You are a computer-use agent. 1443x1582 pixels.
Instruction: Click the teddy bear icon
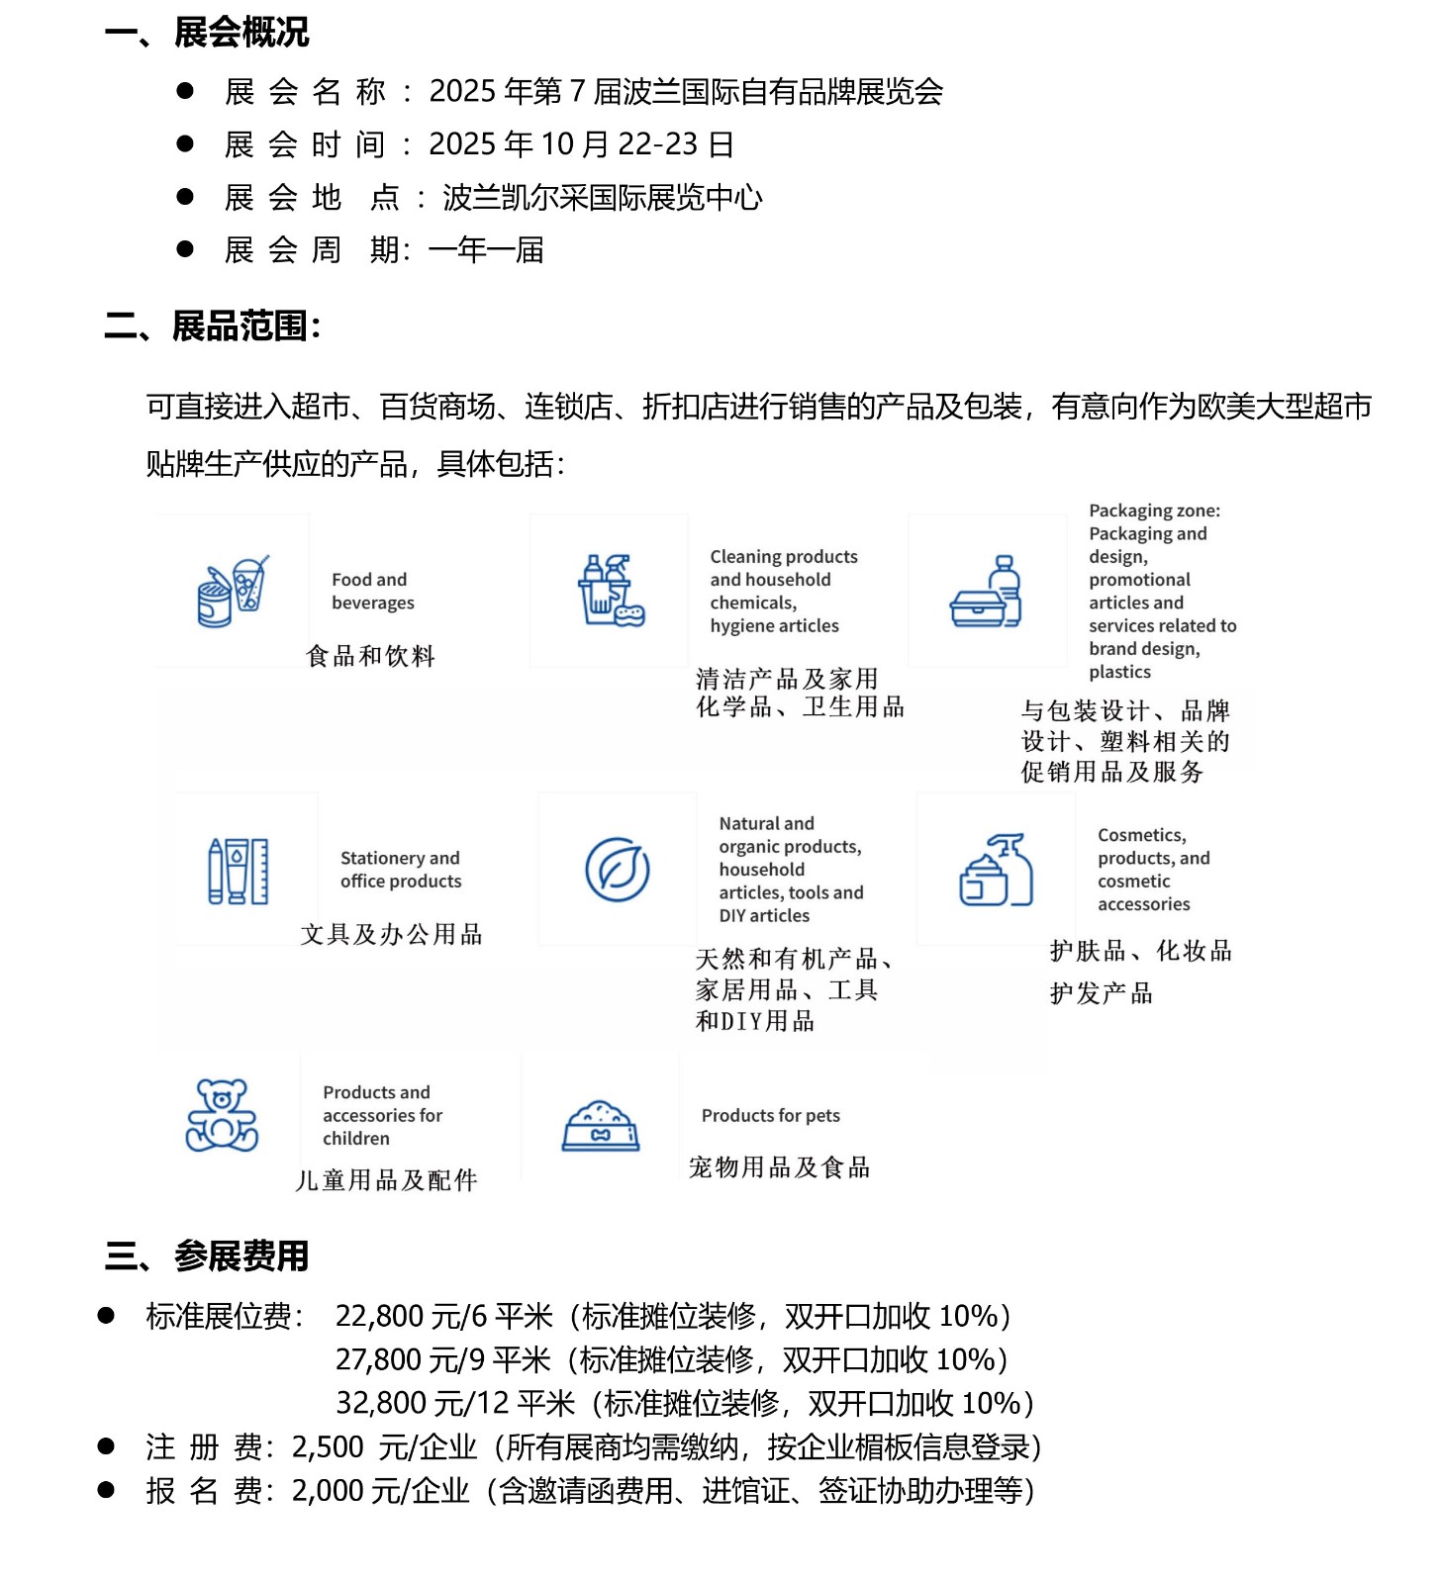(222, 1115)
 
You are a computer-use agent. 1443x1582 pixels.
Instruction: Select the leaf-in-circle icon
(617, 870)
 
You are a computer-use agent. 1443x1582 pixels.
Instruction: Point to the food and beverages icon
(232, 592)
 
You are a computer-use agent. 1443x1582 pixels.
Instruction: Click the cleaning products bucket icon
(610, 591)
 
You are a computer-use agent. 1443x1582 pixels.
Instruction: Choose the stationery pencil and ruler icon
(239, 871)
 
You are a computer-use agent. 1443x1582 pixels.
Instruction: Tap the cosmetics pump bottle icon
(996, 870)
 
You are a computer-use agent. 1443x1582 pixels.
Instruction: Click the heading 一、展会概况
(207, 33)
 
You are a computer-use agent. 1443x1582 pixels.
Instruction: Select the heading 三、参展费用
(207, 1256)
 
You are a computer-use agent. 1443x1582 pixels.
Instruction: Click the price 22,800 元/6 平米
(443, 1316)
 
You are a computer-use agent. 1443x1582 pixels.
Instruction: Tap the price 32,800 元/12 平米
(455, 1403)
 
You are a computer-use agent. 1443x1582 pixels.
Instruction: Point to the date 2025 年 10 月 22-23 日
(581, 144)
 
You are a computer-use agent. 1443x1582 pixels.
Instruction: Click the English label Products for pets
(770, 1115)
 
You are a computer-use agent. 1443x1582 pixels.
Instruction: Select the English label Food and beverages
(372, 591)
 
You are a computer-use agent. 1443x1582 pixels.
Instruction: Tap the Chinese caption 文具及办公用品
(391, 934)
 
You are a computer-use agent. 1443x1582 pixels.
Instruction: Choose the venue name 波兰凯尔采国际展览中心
(602, 198)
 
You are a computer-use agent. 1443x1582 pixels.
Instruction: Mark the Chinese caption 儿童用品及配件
(386, 1179)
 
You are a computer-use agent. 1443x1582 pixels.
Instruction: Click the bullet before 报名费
(106, 1489)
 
